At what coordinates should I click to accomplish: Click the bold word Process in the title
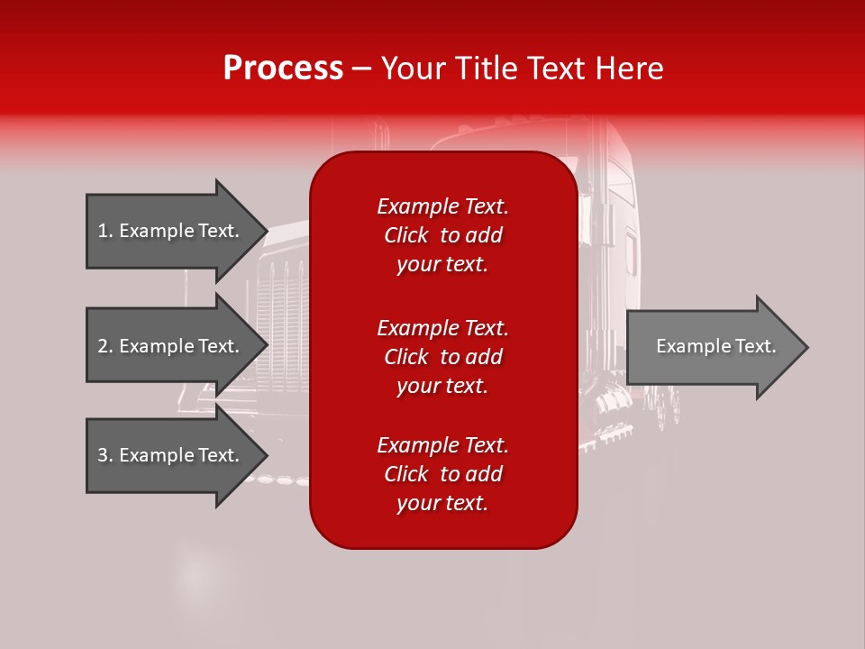(x=283, y=69)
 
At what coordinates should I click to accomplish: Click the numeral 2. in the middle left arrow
(x=105, y=346)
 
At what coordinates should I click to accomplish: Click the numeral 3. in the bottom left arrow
(x=105, y=455)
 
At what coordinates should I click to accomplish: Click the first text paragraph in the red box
(x=442, y=235)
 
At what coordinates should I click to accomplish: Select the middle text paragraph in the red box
(x=442, y=356)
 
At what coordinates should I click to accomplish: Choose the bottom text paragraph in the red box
(x=442, y=474)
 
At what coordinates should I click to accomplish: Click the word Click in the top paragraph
(x=405, y=235)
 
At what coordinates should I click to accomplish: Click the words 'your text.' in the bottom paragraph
(x=442, y=503)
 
